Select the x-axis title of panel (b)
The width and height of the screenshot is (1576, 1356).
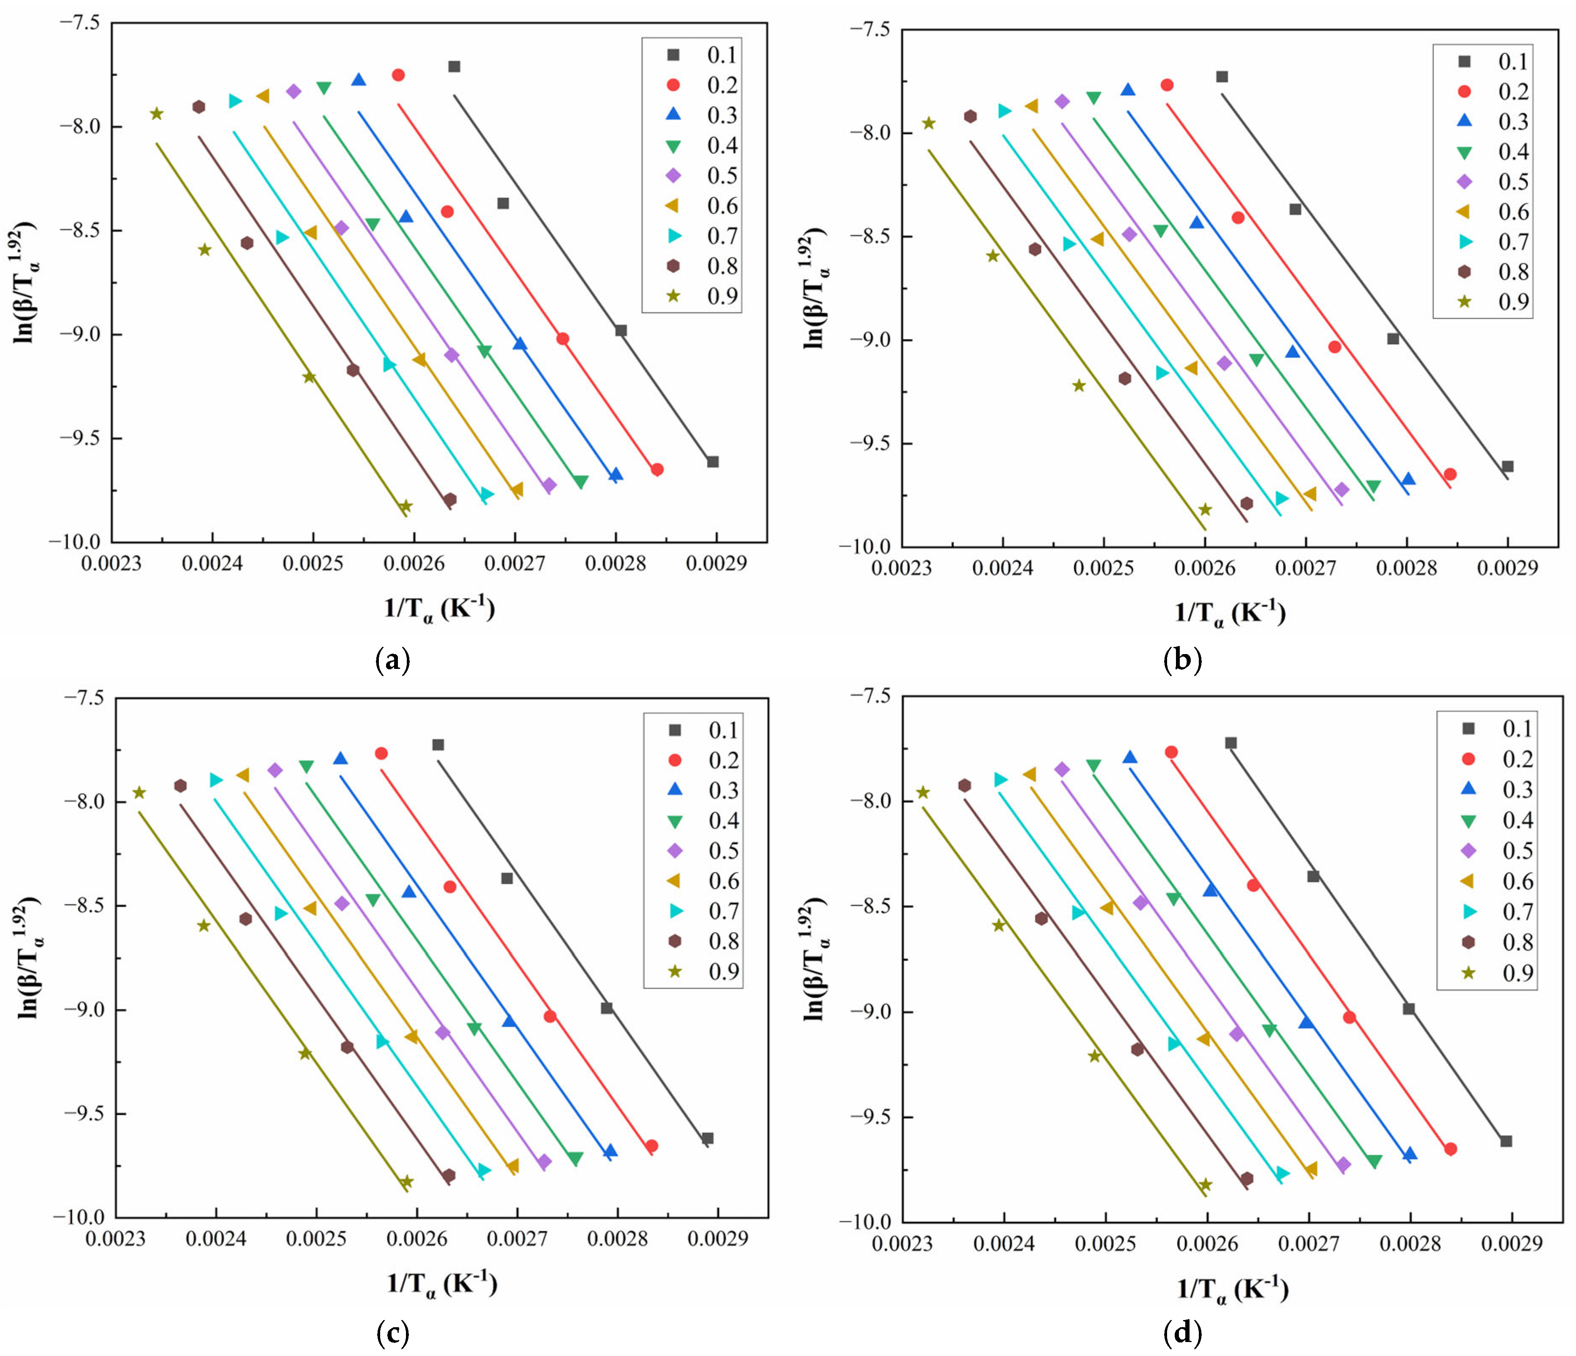1230,613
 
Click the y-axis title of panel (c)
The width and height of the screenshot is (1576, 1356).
29,958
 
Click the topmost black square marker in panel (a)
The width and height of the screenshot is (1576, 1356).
454,67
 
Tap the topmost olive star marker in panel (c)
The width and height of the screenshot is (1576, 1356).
139,793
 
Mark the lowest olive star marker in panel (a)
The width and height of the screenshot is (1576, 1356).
406,506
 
